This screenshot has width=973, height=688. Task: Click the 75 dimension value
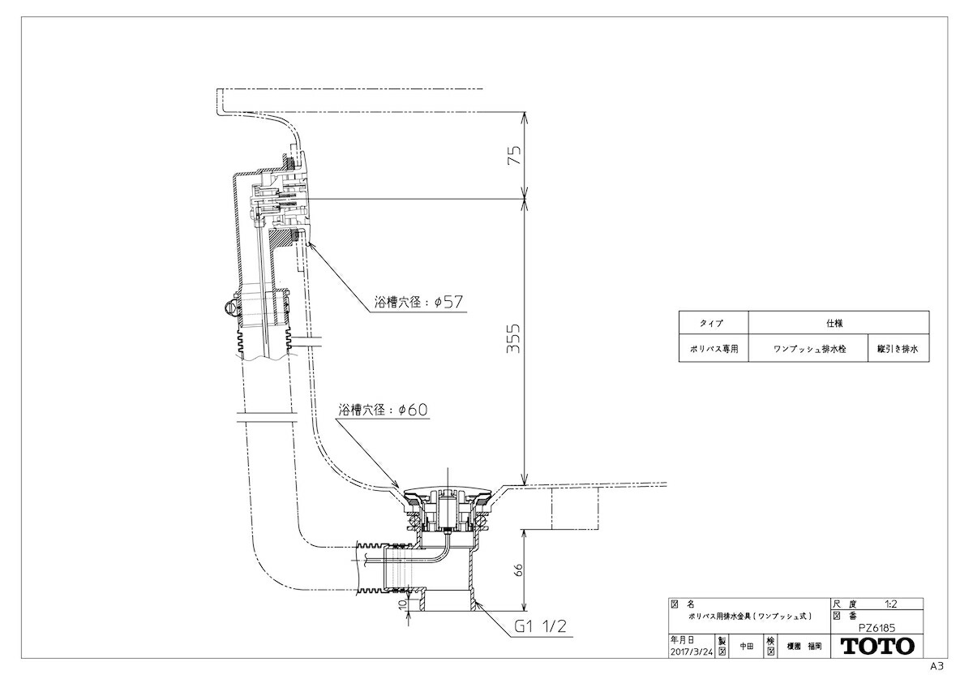pyautogui.click(x=514, y=155)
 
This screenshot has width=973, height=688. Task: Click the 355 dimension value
pyautogui.click(x=513, y=338)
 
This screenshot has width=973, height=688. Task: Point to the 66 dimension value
pyautogui.click(x=518, y=570)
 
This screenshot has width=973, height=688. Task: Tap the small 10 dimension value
pyautogui.click(x=403, y=604)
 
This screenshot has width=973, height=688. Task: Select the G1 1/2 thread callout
pyautogui.click(x=540, y=626)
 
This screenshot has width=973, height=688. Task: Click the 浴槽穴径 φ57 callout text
pyautogui.click(x=418, y=302)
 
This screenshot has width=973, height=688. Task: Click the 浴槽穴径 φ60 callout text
pyautogui.click(x=383, y=410)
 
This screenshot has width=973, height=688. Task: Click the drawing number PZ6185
pyautogui.click(x=877, y=628)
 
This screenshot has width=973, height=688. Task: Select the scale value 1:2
pyautogui.click(x=891, y=604)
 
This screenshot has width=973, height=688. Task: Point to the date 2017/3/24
pyautogui.click(x=692, y=652)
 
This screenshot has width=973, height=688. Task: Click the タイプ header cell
pyautogui.click(x=714, y=323)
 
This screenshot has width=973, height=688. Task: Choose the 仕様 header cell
pyautogui.click(x=838, y=323)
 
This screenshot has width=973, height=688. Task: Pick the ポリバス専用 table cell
pyautogui.click(x=714, y=348)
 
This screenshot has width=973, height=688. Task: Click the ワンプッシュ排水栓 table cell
pyautogui.click(x=808, y=348)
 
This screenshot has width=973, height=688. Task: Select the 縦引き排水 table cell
pyautogui.click(x=898, y=348)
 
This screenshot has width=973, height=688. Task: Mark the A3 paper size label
pyautogui.click(x=937, y=667)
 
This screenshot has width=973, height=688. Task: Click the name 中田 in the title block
pyautogui.click(x=747, y=647)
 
